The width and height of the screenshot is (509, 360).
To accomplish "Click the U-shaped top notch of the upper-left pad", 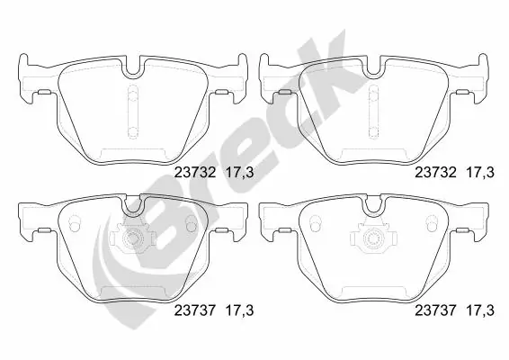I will click(x=134, y=66).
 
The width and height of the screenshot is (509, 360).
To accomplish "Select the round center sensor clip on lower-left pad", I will click(x=133, y=241).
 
